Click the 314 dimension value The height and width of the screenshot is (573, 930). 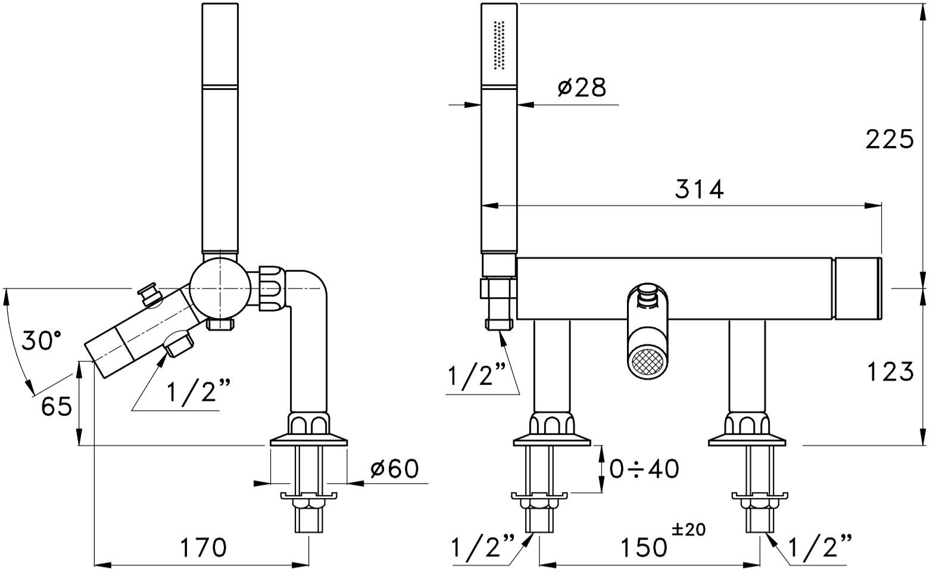click(x=699, y=189)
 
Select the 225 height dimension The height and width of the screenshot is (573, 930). click(x=890, y=139)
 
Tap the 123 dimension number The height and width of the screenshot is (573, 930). click(x=890, y=371)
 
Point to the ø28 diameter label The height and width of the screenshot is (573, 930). click(x=582, y=88)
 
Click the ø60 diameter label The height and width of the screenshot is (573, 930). click(x=394, y=469)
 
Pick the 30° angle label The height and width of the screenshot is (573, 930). click(x=40, y=341)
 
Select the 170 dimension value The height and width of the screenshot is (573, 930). click(x=204, y=547)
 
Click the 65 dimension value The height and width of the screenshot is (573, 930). click(x=57, y=406)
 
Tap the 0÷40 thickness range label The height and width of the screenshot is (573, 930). click(x=644, y=469)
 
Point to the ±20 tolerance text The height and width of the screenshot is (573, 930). click(x=689, y=530)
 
